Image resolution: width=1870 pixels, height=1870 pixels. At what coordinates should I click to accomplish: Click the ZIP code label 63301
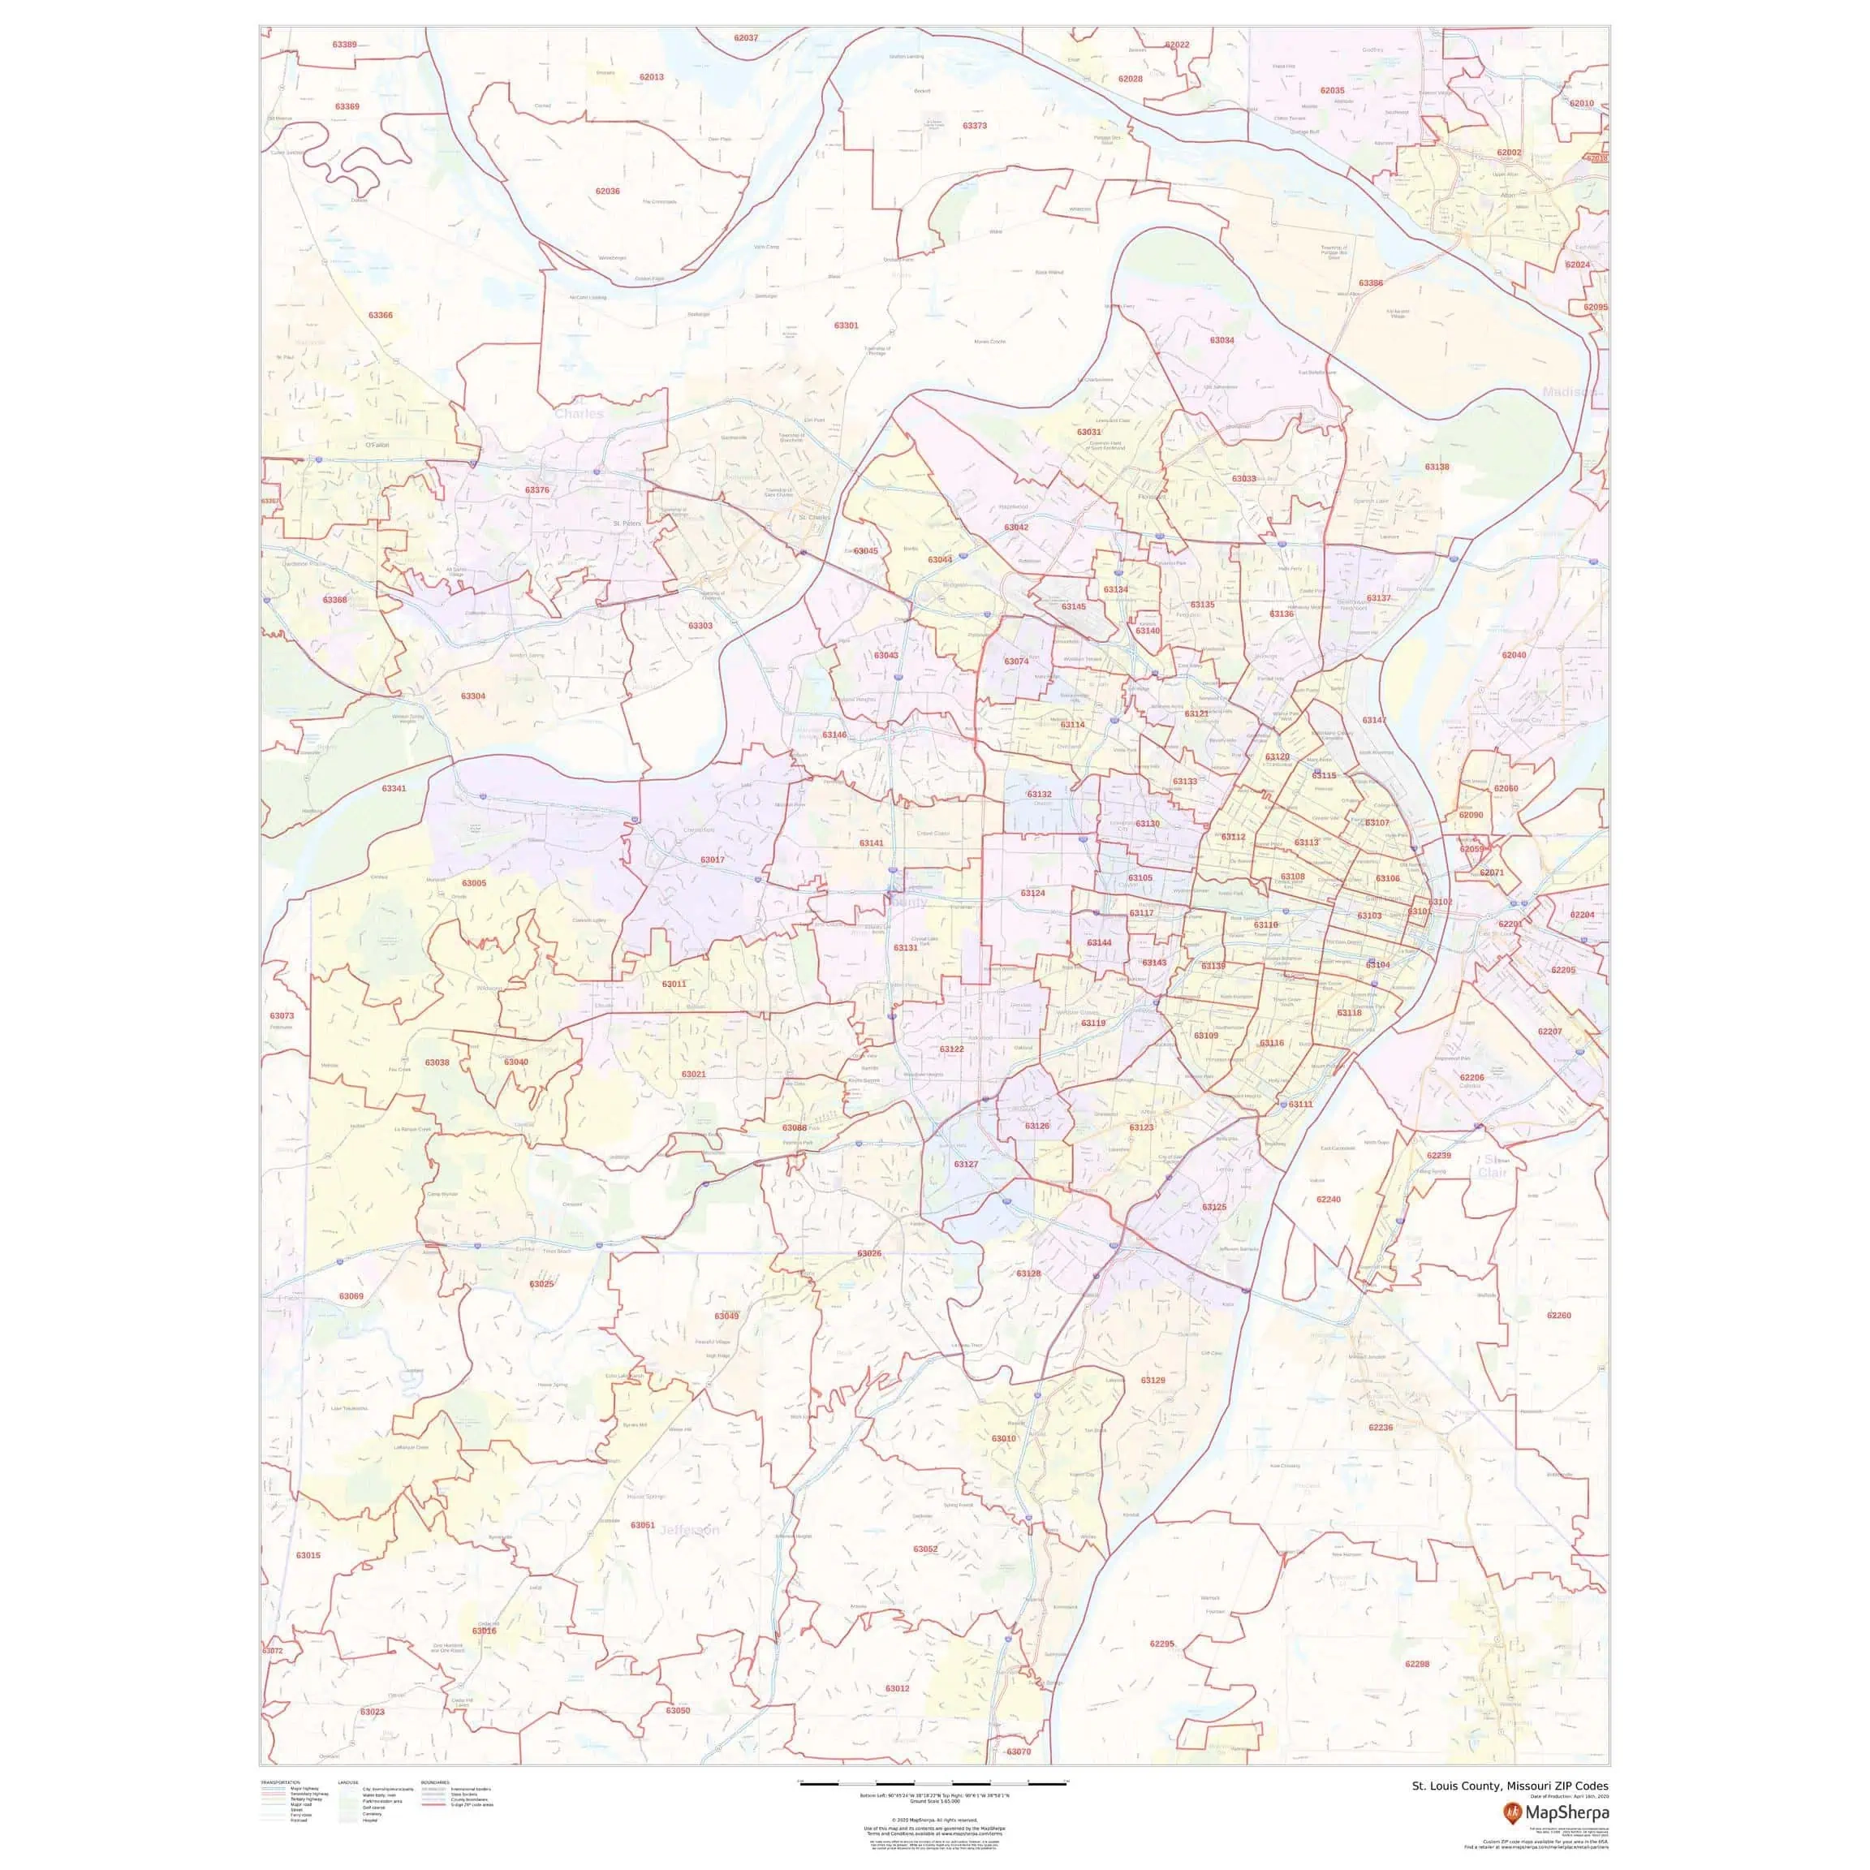pyautogui.click(x=846, y=326)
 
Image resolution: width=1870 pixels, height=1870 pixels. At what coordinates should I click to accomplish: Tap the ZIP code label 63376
pyautogui.click(x=537, y=491)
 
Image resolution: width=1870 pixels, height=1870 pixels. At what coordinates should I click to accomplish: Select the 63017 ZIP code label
pyautogui.click(x=713, y=860)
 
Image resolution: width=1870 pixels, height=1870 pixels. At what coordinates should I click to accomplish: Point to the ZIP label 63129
pyautogui.click(x=1153, y=1381)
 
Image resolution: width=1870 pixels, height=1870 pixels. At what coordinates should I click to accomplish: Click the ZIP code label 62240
pyautogui.click(x=1329, y=1200)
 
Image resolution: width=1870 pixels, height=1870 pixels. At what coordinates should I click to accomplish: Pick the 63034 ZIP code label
pyautogui.click(x=1222, y=341)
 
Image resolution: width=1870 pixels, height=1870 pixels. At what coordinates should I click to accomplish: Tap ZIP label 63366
pyautogui.click(x=381, y=316)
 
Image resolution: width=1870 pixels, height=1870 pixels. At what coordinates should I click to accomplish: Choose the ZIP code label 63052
pyautogui.click(x=925, y=1549)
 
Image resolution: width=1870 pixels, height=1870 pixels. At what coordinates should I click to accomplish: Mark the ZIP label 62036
pyautogui.click(x=608, y=192)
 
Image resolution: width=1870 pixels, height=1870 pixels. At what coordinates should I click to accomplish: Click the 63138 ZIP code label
pyautogui.click(x=1437, y=467)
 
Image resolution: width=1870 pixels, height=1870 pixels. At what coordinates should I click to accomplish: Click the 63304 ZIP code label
pyautogui.click(x=473, y=696)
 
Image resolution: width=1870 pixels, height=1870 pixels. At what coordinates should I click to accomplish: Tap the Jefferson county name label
pyautogui.click(x=689, y=1530)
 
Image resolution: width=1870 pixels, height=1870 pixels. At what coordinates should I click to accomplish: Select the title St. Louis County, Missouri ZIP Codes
pyautogui.click(x=1510, y=1786)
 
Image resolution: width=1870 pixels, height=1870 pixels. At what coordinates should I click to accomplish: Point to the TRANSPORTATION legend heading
pyautogui.click(x=281, y=1782)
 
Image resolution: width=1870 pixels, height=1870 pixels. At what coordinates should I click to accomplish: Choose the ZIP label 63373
pyautogui.click(x=975, y=126)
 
